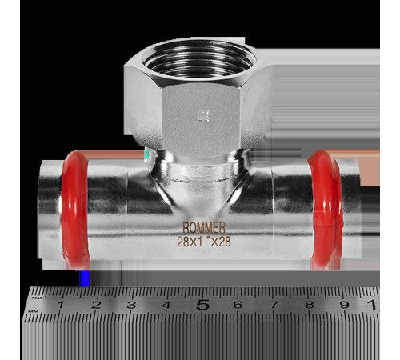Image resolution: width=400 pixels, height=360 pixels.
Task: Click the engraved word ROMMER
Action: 204,228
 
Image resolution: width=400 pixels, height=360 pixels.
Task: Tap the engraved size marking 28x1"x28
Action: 204,242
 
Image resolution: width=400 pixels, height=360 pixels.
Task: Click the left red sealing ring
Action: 74,210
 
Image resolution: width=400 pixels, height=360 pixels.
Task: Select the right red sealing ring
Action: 326,210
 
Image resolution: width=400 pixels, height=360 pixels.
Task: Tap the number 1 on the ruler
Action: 61,305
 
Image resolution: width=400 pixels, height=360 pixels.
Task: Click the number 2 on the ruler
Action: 96,305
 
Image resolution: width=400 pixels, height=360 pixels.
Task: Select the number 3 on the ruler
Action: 131,305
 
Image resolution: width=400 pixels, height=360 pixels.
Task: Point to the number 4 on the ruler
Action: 166,305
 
